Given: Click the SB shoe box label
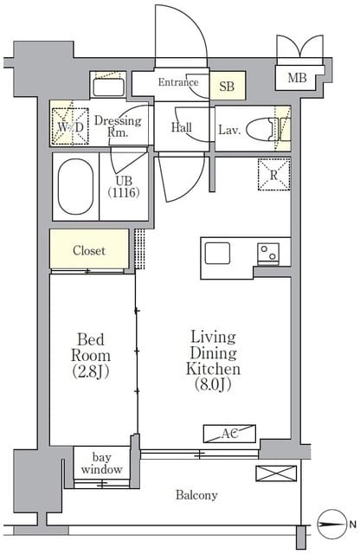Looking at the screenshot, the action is coord(227,87).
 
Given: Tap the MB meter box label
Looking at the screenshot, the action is coord(297,77).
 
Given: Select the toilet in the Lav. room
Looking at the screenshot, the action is coord(260,129).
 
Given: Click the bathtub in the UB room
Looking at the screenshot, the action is coord(75,186).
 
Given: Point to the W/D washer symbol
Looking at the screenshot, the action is coord(69,126).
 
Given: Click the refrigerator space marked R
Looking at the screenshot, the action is coord(273,175).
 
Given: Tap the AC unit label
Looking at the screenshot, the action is coord(229,434).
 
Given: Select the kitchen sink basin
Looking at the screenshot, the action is coord(217,253).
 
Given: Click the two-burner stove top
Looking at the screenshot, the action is coord(267,254).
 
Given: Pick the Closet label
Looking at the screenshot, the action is coord(89,250).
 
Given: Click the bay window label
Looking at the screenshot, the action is coord(102,463).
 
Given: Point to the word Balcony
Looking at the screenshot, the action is coord(196,495).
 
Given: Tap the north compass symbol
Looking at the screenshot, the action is coord(331,524).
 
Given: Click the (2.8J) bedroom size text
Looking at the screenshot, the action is coord(91,371).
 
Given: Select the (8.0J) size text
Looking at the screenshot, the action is coord(214,384).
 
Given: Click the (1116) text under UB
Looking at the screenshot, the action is coord(124,192).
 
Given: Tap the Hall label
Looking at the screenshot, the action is coord(182,127).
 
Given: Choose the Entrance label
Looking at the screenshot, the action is coord(178,82).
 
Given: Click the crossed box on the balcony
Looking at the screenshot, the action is coord(276,473).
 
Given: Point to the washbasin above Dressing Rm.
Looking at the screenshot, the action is coord(108,87).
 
